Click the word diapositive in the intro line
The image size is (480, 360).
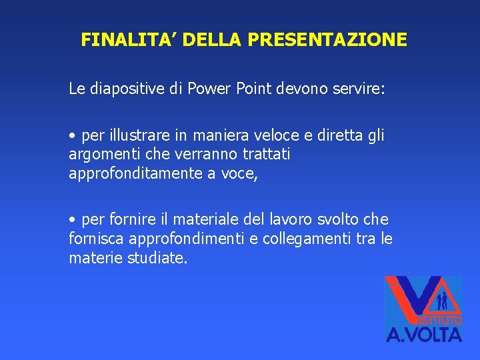124,89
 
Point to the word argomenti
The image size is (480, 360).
101,155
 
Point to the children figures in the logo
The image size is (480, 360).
441,301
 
